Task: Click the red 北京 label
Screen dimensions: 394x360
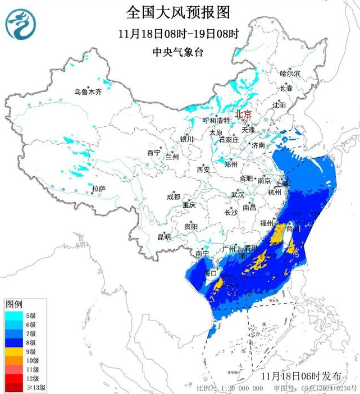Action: tap(243, 114)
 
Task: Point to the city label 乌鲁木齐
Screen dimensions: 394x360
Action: tap(89, 92)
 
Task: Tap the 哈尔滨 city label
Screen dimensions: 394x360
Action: tap(290, 74)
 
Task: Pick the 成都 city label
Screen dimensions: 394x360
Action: tap(174, 196)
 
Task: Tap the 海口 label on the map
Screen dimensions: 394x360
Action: tap(211, 273)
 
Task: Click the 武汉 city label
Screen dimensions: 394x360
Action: tap(238, 194)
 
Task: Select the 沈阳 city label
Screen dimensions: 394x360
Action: tap(279, 105)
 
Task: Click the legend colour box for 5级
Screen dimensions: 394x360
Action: tap(13, 315)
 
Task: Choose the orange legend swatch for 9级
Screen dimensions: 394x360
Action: tap(13, 351)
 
